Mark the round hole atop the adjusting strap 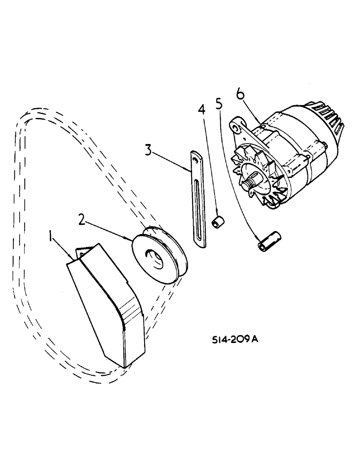point(195,156)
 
